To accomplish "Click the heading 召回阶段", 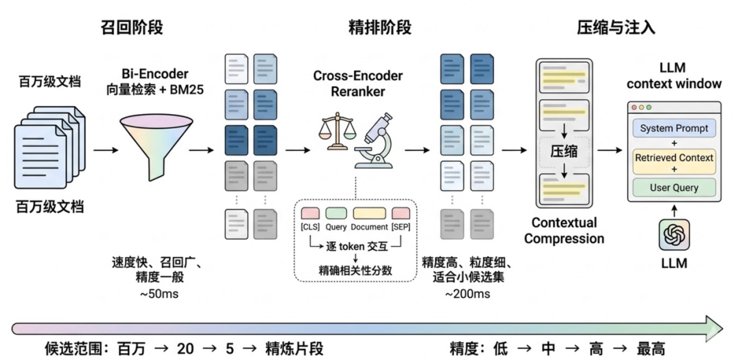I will point(137,27).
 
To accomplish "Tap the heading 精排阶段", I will point(380,27).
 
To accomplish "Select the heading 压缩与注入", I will point(616,27).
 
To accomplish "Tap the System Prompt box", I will point(674,128).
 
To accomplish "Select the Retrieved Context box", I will point(674,158).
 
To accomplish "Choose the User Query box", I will point(674,186).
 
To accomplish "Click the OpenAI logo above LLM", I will point(674,236).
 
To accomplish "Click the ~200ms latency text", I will point(467,294).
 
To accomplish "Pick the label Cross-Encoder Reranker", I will point(358,83).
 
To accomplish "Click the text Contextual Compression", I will point(564,231).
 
